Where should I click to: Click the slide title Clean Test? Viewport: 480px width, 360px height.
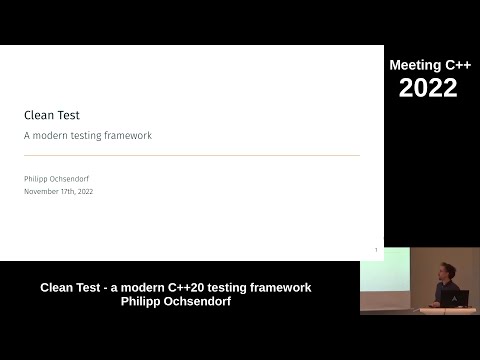(52, 115)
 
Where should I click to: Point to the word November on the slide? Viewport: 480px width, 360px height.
(40, 191)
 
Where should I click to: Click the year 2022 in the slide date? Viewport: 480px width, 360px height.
(83, 191)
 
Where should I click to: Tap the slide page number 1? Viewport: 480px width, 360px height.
(375, 250)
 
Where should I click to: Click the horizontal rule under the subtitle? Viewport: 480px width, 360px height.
(191, 155)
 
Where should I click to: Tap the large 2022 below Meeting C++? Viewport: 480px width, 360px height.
(428, 88)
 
